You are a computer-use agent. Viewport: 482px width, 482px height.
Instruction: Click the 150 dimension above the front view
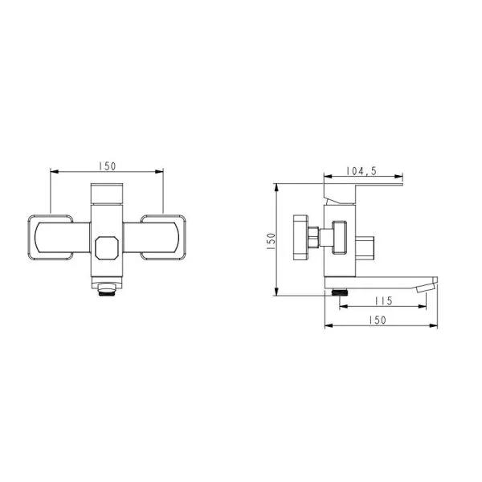point(108,166)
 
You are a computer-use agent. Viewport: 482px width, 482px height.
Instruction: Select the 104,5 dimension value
point(361,171)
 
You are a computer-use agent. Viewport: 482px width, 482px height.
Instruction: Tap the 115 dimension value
point(383,301)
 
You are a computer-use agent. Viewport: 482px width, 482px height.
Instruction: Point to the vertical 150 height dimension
point(272,241)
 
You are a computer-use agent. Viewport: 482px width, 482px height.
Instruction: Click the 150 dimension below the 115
point(378,321)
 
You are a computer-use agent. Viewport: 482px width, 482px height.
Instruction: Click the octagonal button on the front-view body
point(106,248)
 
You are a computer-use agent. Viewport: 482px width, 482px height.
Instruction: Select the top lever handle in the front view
point(107,194)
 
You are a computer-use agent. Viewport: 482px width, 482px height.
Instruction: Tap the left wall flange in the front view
point(51,238)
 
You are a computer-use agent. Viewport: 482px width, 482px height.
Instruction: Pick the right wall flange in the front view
point(163,238)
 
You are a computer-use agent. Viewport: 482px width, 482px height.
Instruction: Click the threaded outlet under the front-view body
point(107,289)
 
